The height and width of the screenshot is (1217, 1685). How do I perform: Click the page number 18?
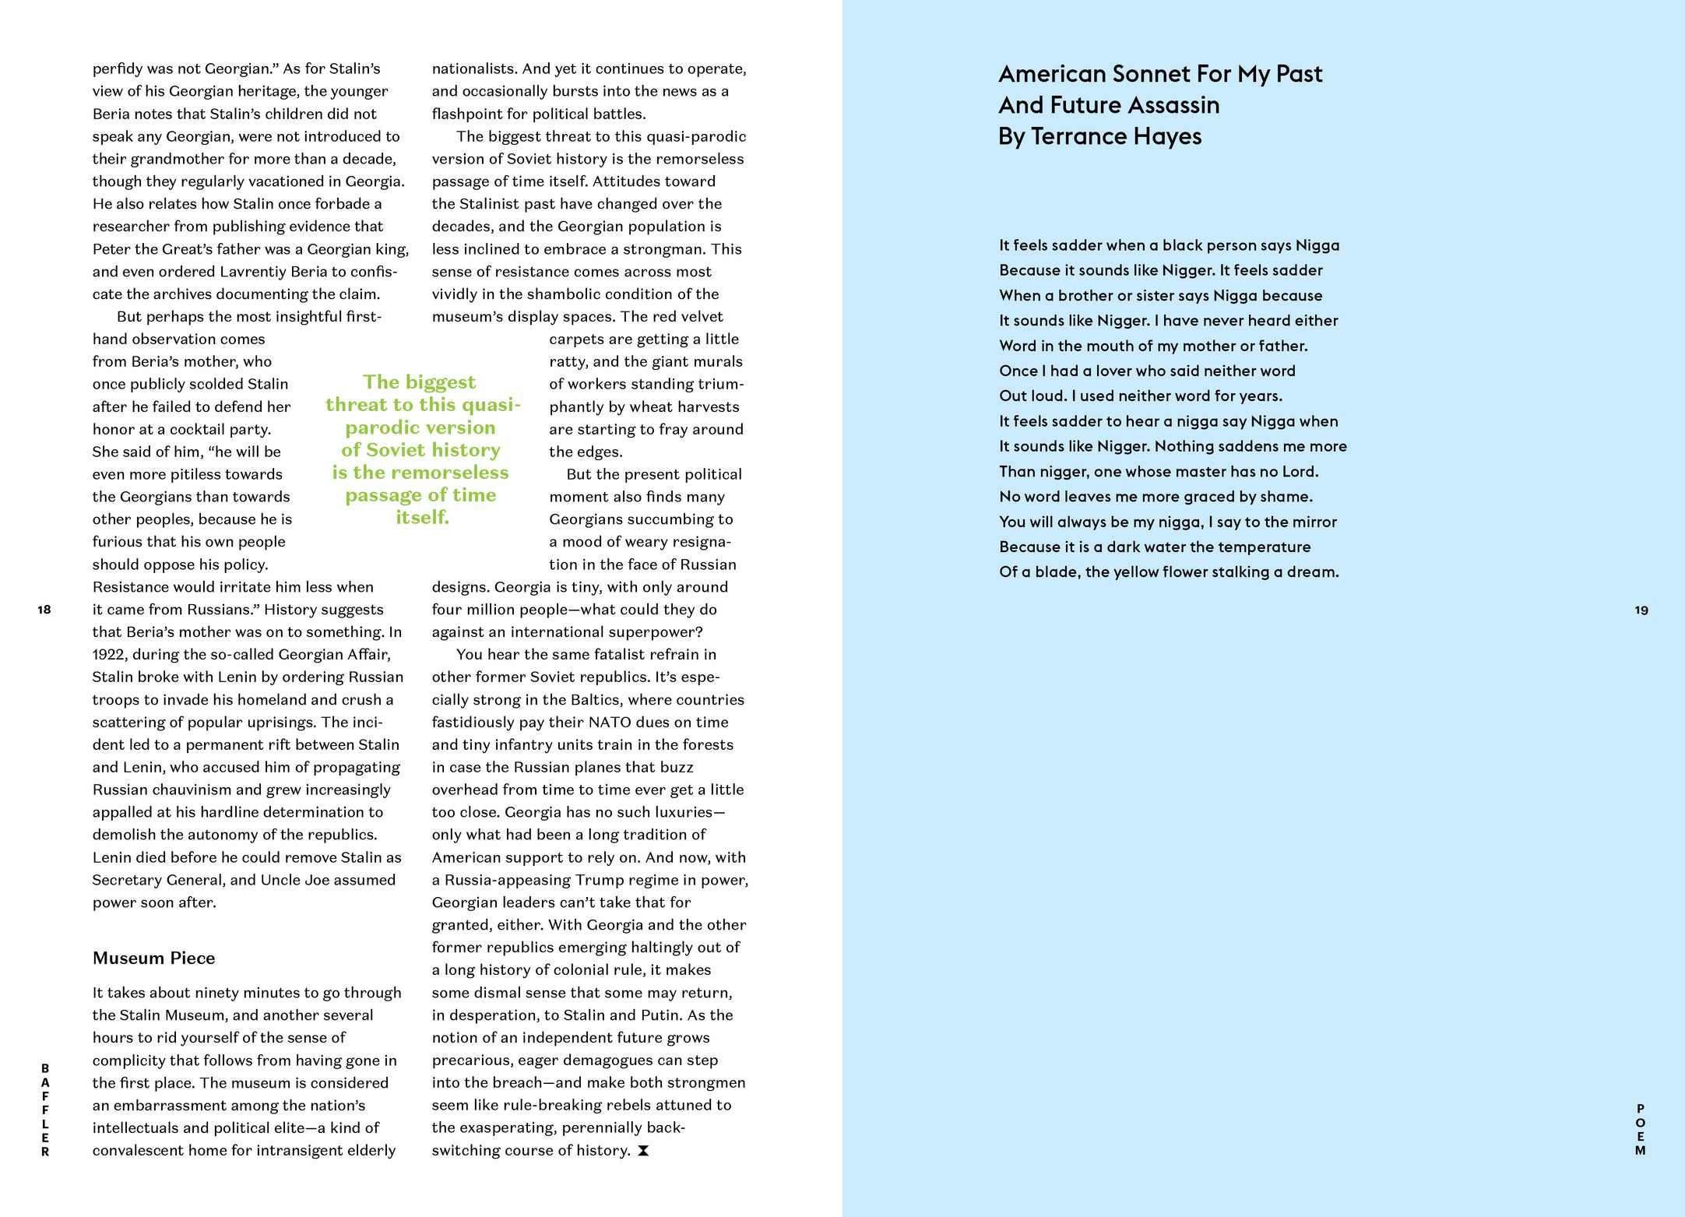click(44, 610)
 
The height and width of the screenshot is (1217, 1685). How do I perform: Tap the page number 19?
click(1641, 610)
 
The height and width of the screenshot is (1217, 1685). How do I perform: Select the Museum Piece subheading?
click(153, 958)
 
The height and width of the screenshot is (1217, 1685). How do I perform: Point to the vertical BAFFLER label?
click(45, 1110)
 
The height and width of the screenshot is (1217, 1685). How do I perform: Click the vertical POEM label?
click(1641, 1129)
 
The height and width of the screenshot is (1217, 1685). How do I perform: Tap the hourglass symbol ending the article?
click(643, 1151)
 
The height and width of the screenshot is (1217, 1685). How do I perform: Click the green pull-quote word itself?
click(422, 518)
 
